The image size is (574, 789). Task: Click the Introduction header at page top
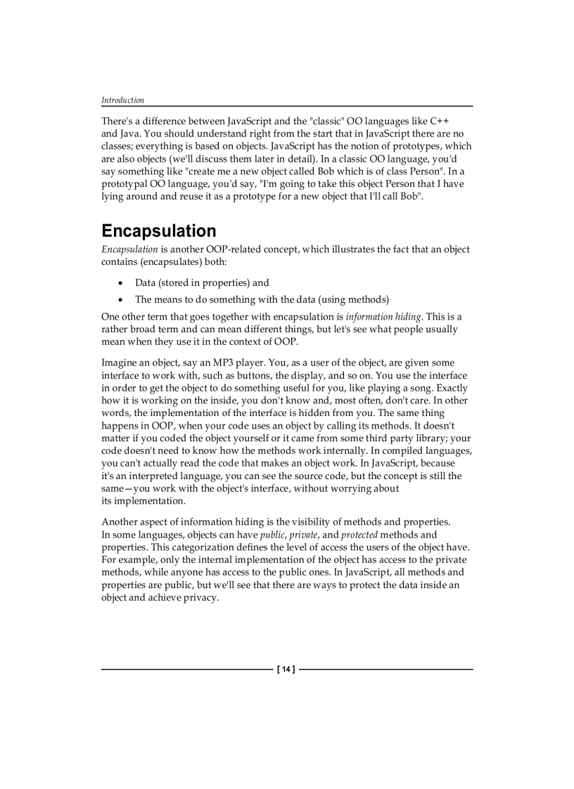coord(122,100)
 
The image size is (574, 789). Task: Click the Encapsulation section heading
coord(158,231)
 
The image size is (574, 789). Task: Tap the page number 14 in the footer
coord(286,670)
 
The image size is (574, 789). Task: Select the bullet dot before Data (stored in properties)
coord(122,283)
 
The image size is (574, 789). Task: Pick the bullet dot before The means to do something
coord(122,299)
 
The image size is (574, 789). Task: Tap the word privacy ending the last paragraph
coord(201,598)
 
